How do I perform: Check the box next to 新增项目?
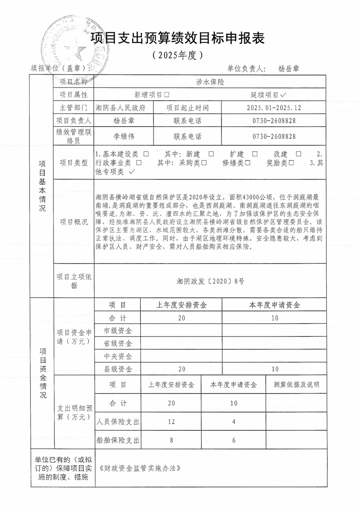pyautogui.click(x=167, y=95)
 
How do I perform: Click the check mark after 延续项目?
pyautogui.click(x=284, y=95)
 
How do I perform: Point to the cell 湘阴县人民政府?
pyautogui.click(x=121, y=108)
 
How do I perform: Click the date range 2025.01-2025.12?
pyautogui.click(x=274, y=108)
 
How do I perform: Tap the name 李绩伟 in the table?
pyautogui.click(x=124, y=136)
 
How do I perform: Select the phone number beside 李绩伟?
pyautogui.click(x=274, y=136)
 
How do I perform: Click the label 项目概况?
pyautogui.click(x=74, y=221)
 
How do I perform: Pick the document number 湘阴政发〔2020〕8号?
pyautogui.click(x=211, y=281)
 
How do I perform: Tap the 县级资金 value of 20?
pyautogui.click(x=181, y=369)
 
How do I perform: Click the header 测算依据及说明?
pyautogui.click(x=296, y=385)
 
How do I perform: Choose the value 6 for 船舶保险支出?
pyautogui.click(x=233, y=440)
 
